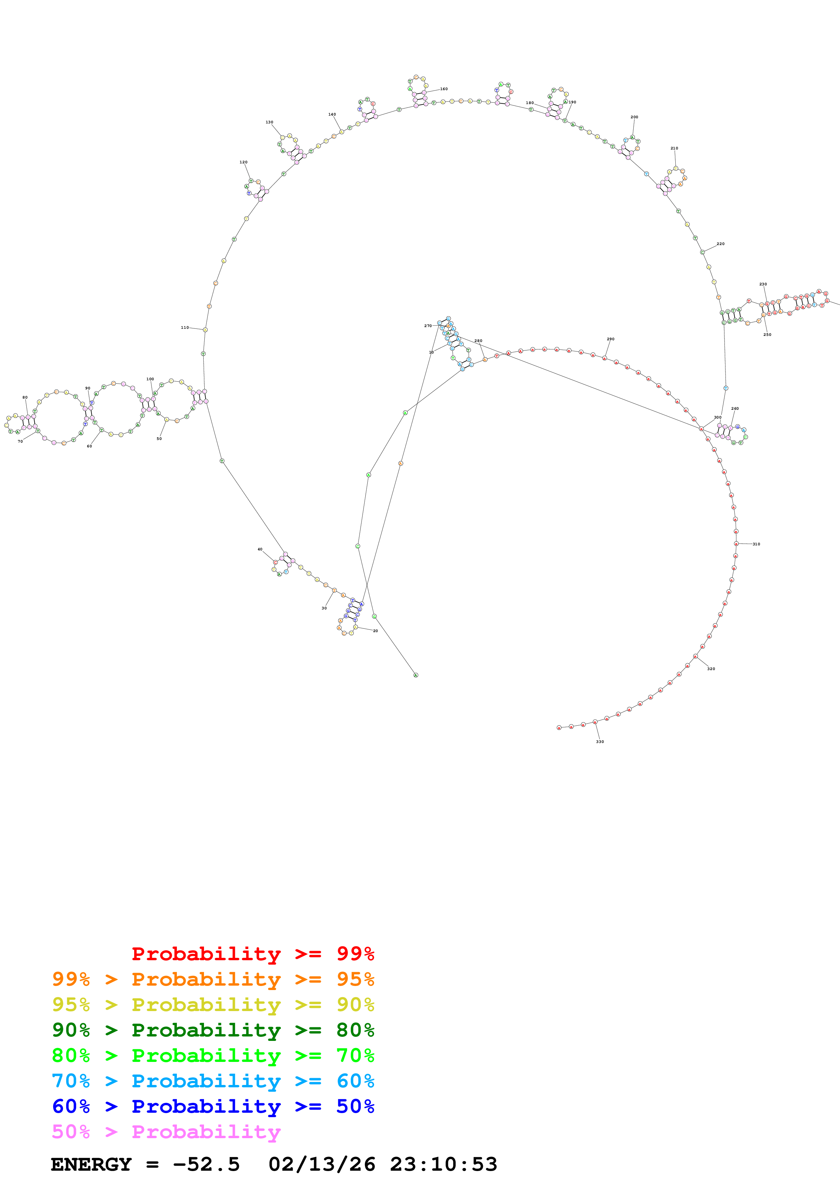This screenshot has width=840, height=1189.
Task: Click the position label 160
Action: pos(444,89)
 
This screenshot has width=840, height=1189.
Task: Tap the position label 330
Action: pos(600,742)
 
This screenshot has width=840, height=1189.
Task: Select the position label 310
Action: pos(756,544)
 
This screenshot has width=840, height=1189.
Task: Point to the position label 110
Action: pos(185,328)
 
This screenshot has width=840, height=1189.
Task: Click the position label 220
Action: pos(720,244)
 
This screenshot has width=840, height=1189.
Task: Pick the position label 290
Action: pos(611,339)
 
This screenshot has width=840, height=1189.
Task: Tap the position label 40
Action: pos(260,549)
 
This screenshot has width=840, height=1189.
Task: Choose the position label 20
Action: pos(375,631)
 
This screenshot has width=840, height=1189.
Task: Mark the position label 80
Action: pos(25,398)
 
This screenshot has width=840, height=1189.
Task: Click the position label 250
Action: pos(767,335)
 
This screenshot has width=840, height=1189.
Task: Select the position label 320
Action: pos(711,669)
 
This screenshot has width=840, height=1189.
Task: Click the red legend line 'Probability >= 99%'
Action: pos(252,953)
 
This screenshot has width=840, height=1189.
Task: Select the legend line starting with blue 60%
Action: pos(213,1106)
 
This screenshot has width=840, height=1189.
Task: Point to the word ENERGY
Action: pos(91,1164)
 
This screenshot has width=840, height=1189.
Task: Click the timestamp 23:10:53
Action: pos(444,1164)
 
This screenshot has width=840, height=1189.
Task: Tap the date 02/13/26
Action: pos(322,1164)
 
